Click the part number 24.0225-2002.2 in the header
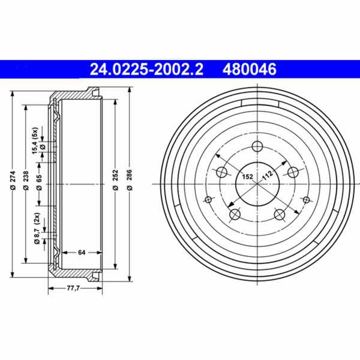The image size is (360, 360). coord(146,70)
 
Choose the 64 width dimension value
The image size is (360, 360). coord(81,252)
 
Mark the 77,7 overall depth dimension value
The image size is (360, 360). coord(73,289)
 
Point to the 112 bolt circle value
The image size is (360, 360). coord(268,174)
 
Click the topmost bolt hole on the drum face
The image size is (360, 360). coord(258,146)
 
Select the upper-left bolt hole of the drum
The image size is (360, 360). coord(221,173)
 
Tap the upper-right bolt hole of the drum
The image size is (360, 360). coord(294,173)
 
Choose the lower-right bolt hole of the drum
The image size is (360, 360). coord(280,215)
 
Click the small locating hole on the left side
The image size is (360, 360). coord(208,199)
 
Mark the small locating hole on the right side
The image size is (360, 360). coord(307,199)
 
